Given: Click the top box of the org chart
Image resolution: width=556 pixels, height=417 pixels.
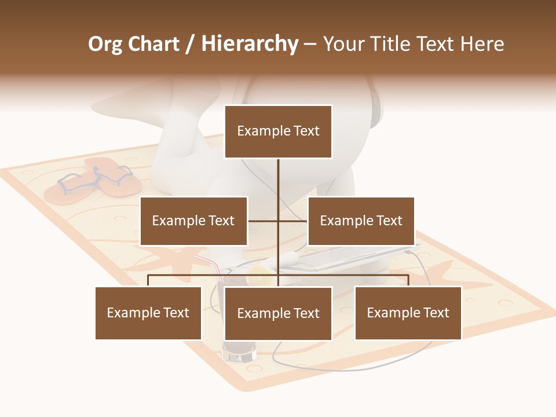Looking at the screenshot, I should (278, 131).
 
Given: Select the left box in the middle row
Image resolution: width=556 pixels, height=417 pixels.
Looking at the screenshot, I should (193, 221).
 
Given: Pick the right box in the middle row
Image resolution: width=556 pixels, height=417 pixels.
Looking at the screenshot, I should (361, 221).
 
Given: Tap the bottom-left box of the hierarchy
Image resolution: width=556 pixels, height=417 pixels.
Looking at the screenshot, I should (148, 313).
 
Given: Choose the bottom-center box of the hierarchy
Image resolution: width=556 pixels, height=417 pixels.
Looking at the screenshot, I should (278, 313).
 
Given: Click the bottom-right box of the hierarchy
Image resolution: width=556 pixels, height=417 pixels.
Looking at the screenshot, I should (408, 313).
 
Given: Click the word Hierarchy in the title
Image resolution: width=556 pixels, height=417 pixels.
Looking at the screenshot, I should (250, 44).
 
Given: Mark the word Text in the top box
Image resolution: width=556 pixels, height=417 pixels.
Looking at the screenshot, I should (306, 131).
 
